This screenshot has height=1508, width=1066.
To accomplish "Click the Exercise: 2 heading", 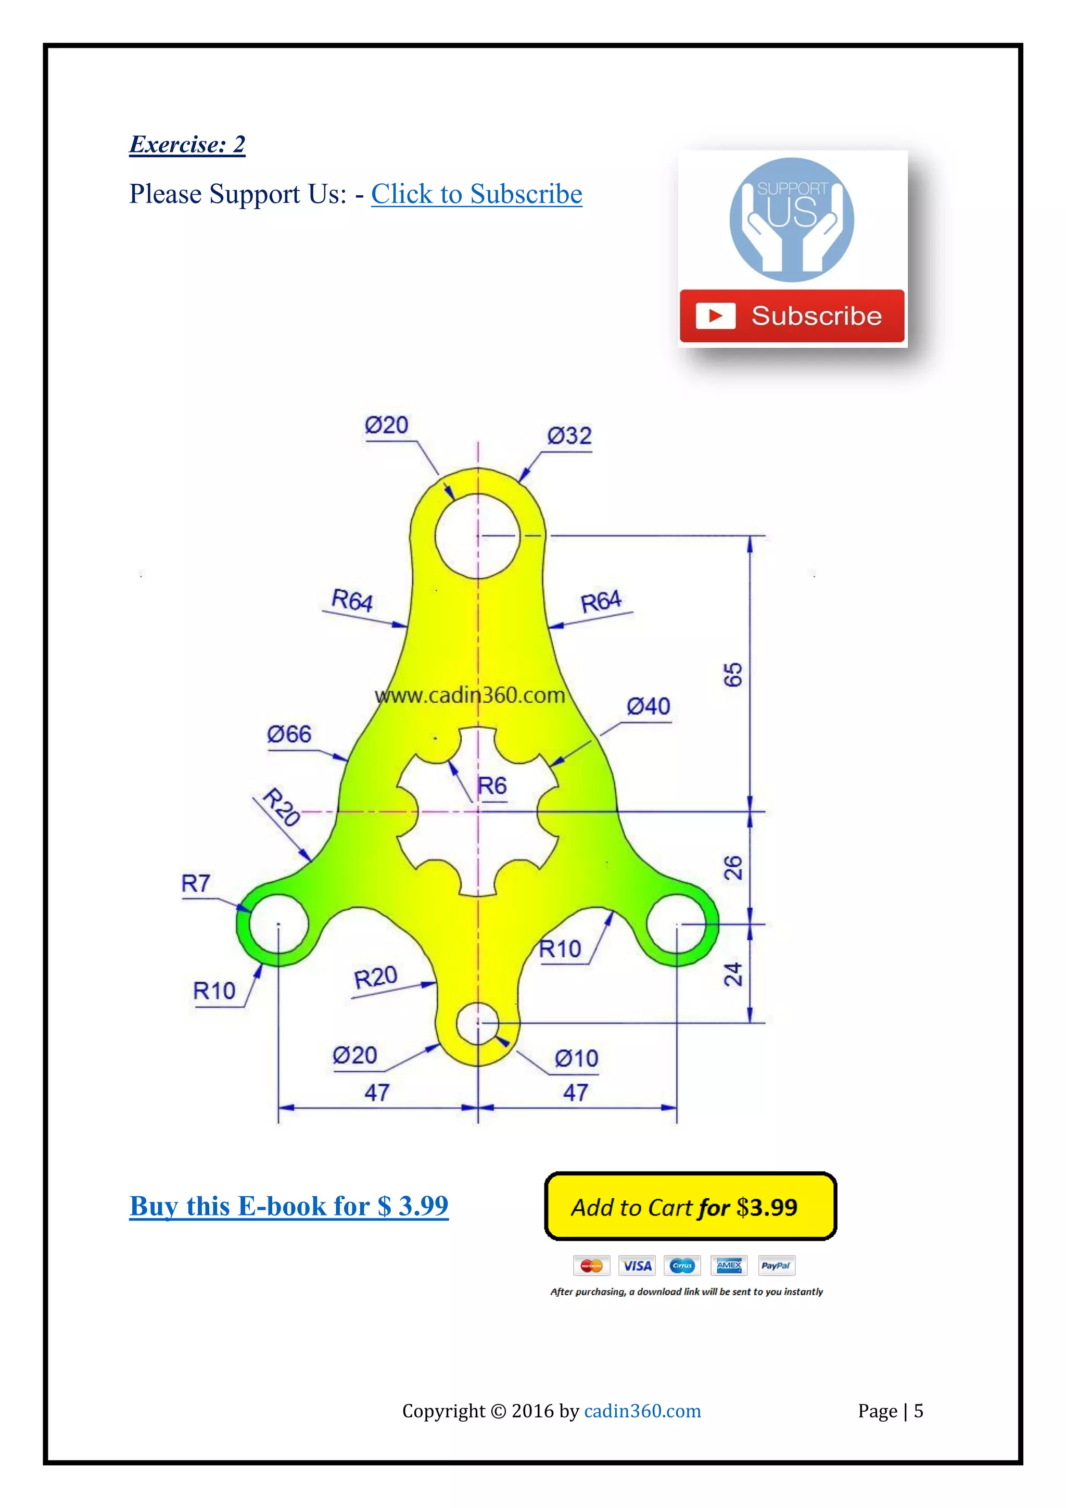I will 187,145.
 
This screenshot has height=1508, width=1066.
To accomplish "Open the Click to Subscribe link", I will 476,194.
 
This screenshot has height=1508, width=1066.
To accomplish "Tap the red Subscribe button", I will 792,316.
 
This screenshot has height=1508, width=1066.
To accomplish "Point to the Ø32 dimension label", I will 569,436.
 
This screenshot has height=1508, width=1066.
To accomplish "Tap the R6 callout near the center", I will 492,786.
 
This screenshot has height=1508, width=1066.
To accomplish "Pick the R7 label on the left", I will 196,884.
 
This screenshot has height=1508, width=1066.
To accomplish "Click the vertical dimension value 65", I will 732,675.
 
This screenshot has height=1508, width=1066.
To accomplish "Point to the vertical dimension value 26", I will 732,868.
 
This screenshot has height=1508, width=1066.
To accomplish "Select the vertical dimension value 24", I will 732,974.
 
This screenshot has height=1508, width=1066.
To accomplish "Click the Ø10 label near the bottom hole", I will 576,1059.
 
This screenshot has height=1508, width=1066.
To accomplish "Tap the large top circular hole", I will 477,536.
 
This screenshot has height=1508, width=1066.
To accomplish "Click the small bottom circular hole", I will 477,1023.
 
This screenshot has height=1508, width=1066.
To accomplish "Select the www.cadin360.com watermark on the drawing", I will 469,695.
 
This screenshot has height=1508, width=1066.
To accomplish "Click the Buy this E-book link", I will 289,1206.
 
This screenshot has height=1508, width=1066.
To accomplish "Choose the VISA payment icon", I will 637,1265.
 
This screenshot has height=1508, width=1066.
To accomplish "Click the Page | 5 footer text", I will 890,1411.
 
